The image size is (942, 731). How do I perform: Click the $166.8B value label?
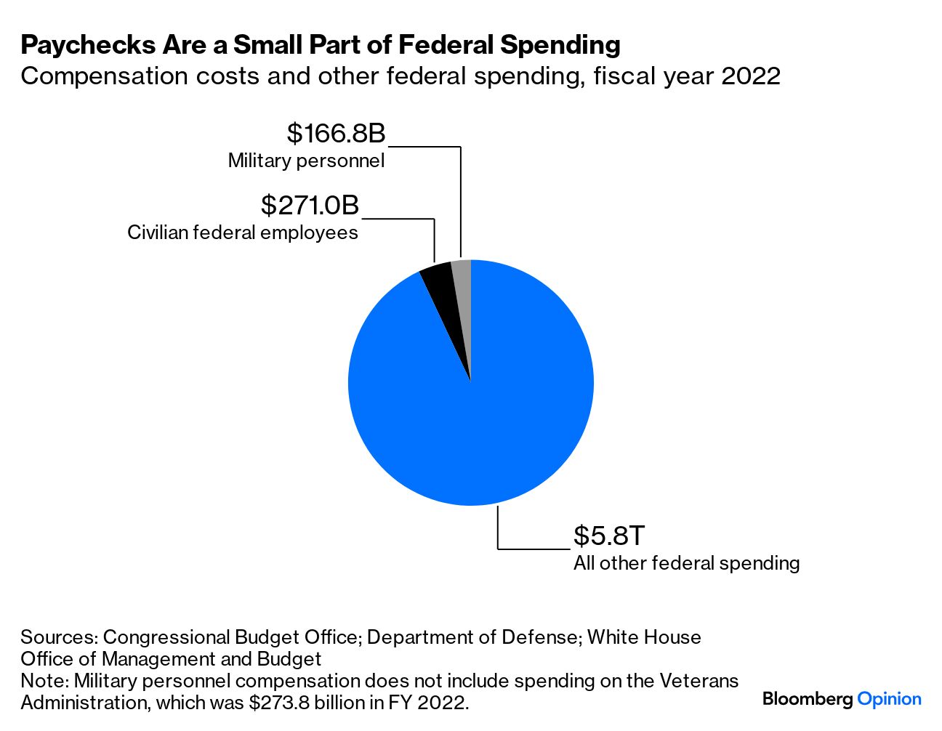pos(336,134)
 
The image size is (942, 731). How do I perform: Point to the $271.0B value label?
pos(310,206)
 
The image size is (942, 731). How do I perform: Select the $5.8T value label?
pos(608,536)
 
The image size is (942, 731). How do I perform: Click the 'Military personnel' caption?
pos(306,161)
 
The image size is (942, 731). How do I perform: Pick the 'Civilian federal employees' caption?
pos(243,233)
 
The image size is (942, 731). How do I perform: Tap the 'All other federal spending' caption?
pos(686,563)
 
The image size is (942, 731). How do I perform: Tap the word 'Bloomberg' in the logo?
pos(808,699)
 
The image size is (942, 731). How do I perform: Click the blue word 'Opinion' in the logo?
pos(889,699)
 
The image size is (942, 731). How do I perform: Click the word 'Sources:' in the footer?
pos(59,637)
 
